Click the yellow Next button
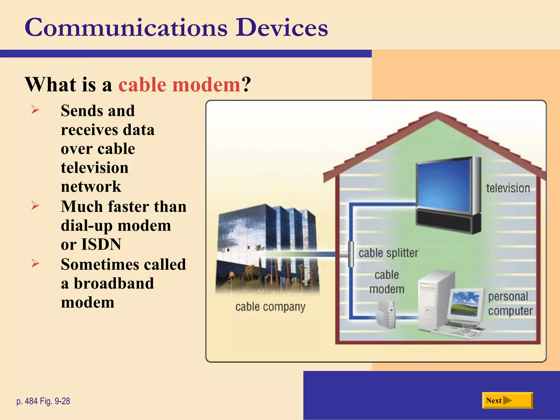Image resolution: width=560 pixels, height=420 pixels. click(x=507, y=401)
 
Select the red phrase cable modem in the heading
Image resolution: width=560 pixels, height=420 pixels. click(x=179, y=85)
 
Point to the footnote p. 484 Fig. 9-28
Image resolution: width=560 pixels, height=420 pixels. click(x=43, y=401)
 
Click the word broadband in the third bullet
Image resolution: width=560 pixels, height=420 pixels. click(x=114, y=283)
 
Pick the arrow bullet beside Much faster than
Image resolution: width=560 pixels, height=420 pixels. click(x=35, y=205)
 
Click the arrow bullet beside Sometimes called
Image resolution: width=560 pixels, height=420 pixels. click(x=35, y=263)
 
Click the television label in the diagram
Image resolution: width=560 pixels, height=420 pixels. click(x=508, y=188)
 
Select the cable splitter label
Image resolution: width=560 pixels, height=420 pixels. click(x=388, y=253)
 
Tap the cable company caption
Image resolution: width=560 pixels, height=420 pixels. click(x=270, y=307)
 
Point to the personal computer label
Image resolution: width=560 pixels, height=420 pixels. click(x=510, y=304)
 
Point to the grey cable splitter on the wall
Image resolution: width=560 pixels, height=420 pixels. click(x=351, y=254)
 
